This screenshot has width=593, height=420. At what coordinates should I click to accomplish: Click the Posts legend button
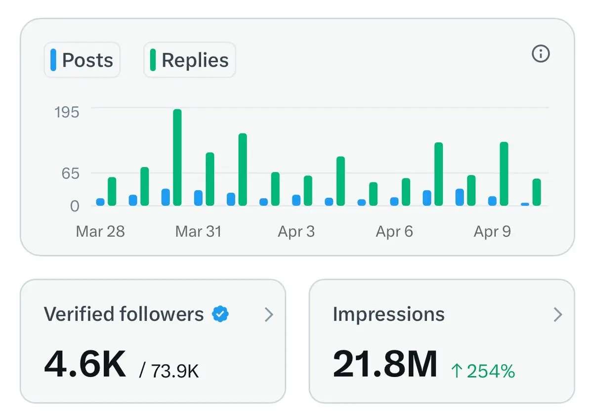pyautogui.click(x=82, y=60)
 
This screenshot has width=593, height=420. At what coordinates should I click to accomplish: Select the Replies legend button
pyautogui.click(x=189, y=60)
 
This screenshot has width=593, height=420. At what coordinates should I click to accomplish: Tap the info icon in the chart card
pyautogui.click(x=541, y=53)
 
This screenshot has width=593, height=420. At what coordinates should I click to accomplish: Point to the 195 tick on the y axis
pyautogui.click(x=67, y=112)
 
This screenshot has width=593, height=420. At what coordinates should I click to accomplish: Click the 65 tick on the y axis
pyautogui.click(x=70, y=174)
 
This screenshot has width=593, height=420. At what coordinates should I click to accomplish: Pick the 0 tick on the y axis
pyautogui.click(x=74, y=206)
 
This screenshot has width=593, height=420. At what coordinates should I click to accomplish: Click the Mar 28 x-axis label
pyautogui.click(x=100, y=231)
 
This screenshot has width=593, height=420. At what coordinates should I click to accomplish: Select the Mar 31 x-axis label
pyautogui.click(x=198, y=231)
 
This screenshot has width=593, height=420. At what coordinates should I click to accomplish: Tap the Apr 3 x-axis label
pyautogui.click(x=296, y=231)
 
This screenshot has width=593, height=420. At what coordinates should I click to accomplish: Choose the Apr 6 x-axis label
pyautogui.click(x=394, y=231)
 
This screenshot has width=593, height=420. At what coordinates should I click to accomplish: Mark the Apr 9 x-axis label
pyautogui.click(x=492, y=231)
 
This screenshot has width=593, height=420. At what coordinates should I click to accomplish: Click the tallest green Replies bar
pyautogui.click(x=177, y=157)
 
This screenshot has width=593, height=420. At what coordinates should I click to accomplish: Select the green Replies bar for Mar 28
pyautogui.click(x=112, y=192)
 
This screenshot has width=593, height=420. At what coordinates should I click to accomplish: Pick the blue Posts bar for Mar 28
pyautogui.click(x=100, y=202)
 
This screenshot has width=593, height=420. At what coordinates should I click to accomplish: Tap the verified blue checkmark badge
pyautogui.click(x=220, y=314)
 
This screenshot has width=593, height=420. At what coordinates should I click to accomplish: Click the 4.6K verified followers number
pyautogui.click(x=85, y=364)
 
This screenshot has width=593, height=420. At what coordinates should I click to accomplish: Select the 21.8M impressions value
pyautogui.click(x=385, y=364)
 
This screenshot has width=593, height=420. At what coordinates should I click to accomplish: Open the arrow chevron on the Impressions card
pyautogui.click(x=558, y=314)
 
